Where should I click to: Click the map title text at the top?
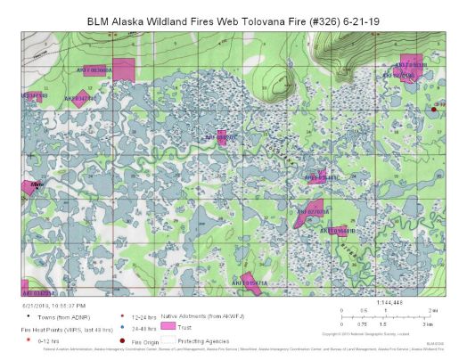point(233,19)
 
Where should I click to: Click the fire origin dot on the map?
point(434,110)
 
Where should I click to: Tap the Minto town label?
point(37,184)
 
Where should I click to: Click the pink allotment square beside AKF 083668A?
point(123,70)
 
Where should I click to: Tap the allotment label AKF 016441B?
point(338,231)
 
